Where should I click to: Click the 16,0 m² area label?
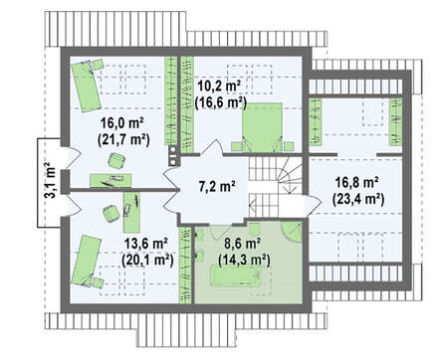122,123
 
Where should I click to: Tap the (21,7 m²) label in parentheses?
123,139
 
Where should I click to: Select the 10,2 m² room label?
219,87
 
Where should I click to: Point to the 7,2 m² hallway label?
217,187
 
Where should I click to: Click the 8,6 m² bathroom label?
242,244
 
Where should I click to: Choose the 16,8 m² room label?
357,183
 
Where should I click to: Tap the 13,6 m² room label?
145,244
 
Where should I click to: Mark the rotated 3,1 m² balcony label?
50,180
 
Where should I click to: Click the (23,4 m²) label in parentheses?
358,199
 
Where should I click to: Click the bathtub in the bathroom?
236,276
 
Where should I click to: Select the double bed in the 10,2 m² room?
262,127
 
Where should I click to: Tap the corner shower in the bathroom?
292,232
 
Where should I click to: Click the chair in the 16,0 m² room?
116,161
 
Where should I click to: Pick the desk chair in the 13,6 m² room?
110,214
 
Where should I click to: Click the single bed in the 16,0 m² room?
86,86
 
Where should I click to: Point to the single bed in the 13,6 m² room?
86,261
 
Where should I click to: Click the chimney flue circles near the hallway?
173,156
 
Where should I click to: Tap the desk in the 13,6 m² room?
131,213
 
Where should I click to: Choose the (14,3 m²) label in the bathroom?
244,261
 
